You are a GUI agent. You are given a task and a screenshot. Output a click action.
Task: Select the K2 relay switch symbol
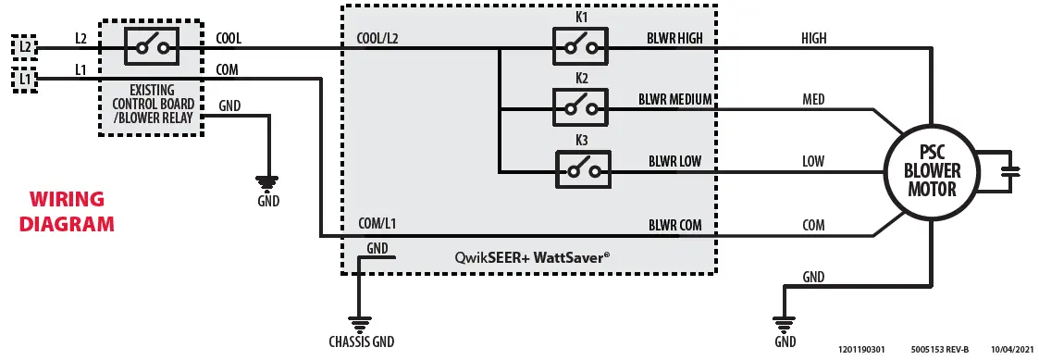tap(580, 106)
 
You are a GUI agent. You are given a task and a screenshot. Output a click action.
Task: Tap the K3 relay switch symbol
tap(583, 170)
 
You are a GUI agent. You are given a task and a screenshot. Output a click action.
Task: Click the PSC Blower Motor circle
tap(932, 171)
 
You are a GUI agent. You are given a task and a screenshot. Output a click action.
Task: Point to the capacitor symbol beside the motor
tap(1010, 171)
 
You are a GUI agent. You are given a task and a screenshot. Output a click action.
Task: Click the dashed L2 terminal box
tap(24, 46)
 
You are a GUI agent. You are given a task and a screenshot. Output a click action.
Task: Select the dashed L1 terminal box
tap(24, 81)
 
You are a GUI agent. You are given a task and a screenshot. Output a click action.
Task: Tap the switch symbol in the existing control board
tap(151, 46)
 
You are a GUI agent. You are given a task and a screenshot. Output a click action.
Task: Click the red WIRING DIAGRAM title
tap(67, 211)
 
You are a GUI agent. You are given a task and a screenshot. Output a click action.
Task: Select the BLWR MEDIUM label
tap(674, 99)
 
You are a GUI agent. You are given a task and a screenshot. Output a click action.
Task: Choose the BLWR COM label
tap(674, 224)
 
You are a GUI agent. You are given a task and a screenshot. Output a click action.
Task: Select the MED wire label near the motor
tap(813, 99)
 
